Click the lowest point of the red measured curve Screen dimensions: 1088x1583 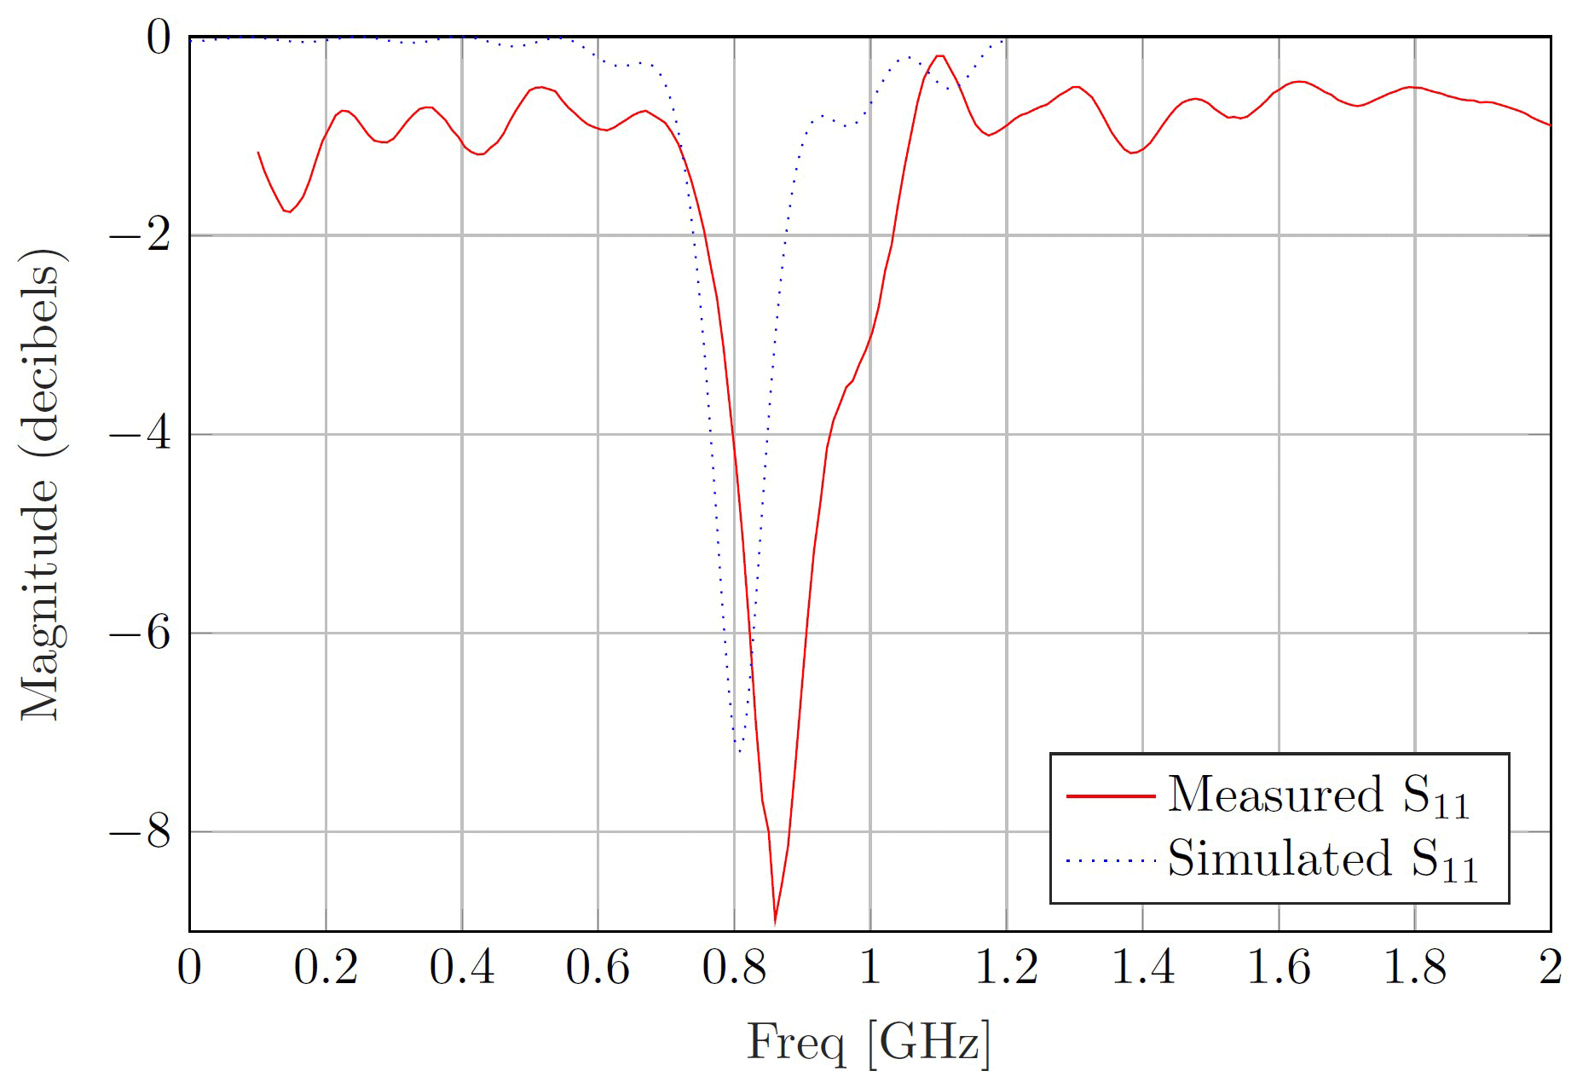coord(775,922)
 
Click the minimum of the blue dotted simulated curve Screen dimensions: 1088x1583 coord(739,751)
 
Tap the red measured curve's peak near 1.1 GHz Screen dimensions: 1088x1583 coord(939,56)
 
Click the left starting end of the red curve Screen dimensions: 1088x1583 coord(258,153)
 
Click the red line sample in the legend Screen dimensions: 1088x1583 coord(1110,796)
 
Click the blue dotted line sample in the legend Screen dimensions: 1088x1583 coord(1110,860)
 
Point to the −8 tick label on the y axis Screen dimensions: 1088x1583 coord(140,832)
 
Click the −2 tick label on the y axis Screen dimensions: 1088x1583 coord(140,235)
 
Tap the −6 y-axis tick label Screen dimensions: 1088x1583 coord(140,634)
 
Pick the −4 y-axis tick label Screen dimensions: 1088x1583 coord(140,435)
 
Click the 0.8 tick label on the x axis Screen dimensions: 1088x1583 coord(734,968)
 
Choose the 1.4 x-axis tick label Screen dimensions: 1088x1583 coord(1142,968)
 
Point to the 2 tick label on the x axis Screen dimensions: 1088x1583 coord(1551,968)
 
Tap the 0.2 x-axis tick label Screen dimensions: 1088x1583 coord(326,968)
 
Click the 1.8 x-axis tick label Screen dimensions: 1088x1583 coord(1414,968)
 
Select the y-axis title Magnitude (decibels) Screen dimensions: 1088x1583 coord(41,484)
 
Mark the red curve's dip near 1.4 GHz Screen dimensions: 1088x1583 coord(1132,153)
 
